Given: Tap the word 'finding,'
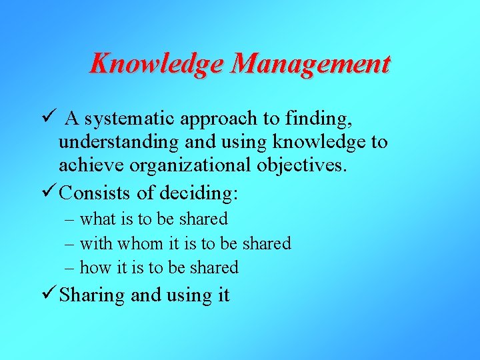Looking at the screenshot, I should [x=317, y=119].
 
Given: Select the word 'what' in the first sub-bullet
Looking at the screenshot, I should [x=98, y=219].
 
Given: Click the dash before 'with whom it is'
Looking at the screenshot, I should [x=70, y=244].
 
